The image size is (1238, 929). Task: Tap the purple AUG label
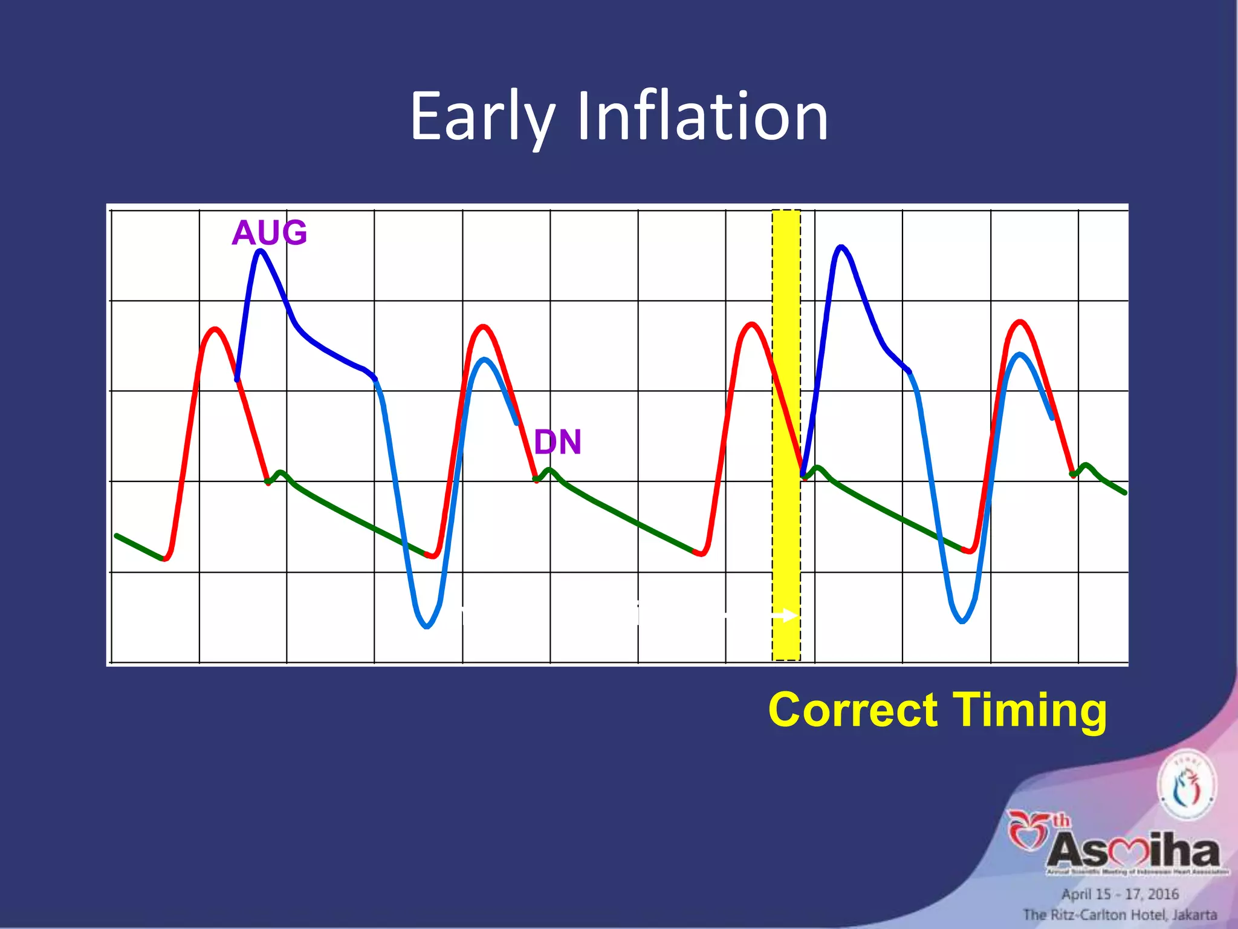[x=269, y=233]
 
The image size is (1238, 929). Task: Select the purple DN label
[x=557, y=442]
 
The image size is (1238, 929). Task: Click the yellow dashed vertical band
[x=786, y=435]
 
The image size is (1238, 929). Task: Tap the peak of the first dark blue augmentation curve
[x=260, y=250]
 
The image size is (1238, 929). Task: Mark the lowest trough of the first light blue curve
[x=427, y=627]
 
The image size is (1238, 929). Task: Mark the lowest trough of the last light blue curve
[x=962, y=621]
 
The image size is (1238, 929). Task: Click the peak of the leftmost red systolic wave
[x=215, y=330]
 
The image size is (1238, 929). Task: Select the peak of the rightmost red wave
[x=1020, y=322]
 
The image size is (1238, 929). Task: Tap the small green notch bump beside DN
[x=549, y=470]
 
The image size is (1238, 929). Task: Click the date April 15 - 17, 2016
[x=1120, y=894]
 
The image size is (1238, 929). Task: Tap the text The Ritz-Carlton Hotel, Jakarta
[x=1120, y=914]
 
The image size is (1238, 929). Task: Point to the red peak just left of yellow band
[x=751, y=325]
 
